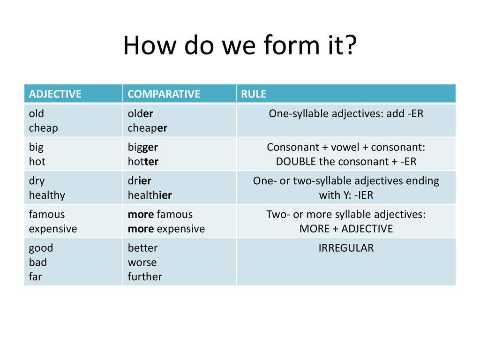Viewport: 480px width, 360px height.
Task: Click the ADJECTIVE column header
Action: [x=55, y=94]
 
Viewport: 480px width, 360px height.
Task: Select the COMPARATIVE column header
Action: [x=164, y=94]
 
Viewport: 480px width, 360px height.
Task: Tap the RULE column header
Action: [x=254, y=94]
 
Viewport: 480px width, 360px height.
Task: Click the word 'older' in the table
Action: [x=140, y=113]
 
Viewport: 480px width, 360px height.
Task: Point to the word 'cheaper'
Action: [x=147, y=128]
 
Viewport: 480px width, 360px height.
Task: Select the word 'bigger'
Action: [x=142, y=147]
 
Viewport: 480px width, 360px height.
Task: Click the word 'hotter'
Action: [x=143, y=161]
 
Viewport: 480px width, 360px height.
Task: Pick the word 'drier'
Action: [x=139, y=180]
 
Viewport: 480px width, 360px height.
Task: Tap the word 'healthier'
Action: [x=150, y=195]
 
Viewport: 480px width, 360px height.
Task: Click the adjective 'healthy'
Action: [x=47, y=195]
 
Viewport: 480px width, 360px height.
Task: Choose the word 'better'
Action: [x=142, y=247]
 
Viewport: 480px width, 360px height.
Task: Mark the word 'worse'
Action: [x=142, y=262]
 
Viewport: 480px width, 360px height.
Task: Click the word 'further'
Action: [x=145, y=277]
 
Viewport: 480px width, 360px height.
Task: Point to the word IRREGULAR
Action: [x=346, y=248]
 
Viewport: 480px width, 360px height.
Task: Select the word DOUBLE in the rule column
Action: [x=296, y=161]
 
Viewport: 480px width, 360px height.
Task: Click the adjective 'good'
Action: [x=41, y=248]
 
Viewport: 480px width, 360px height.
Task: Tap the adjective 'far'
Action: [x=35, y=277]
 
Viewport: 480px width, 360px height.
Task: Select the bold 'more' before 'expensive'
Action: [x=141, y=229]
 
